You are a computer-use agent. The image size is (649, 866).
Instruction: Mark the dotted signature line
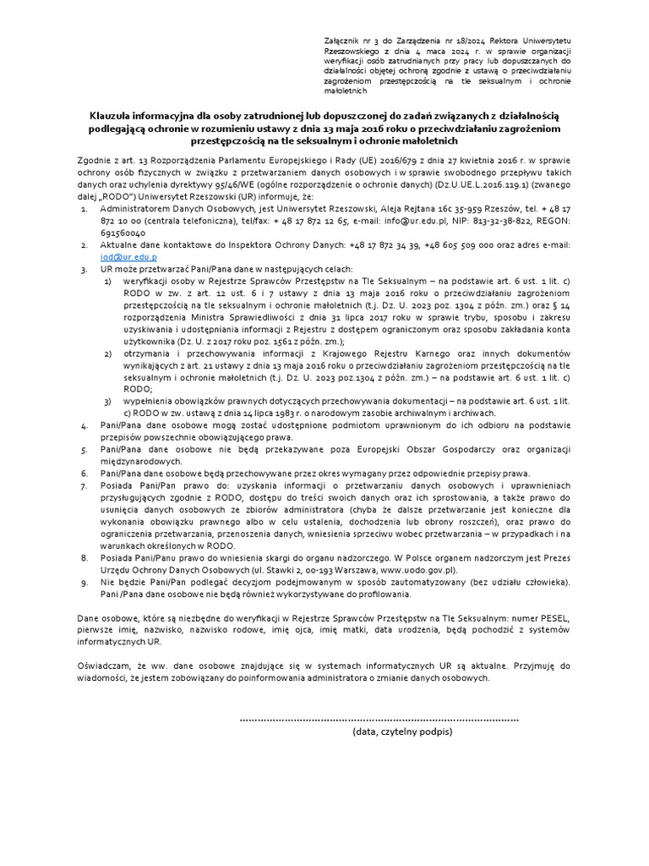coord(379,718)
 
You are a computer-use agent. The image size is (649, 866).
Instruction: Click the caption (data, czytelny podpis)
coord(403,732)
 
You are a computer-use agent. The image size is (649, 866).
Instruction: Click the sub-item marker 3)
coord(107,400)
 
